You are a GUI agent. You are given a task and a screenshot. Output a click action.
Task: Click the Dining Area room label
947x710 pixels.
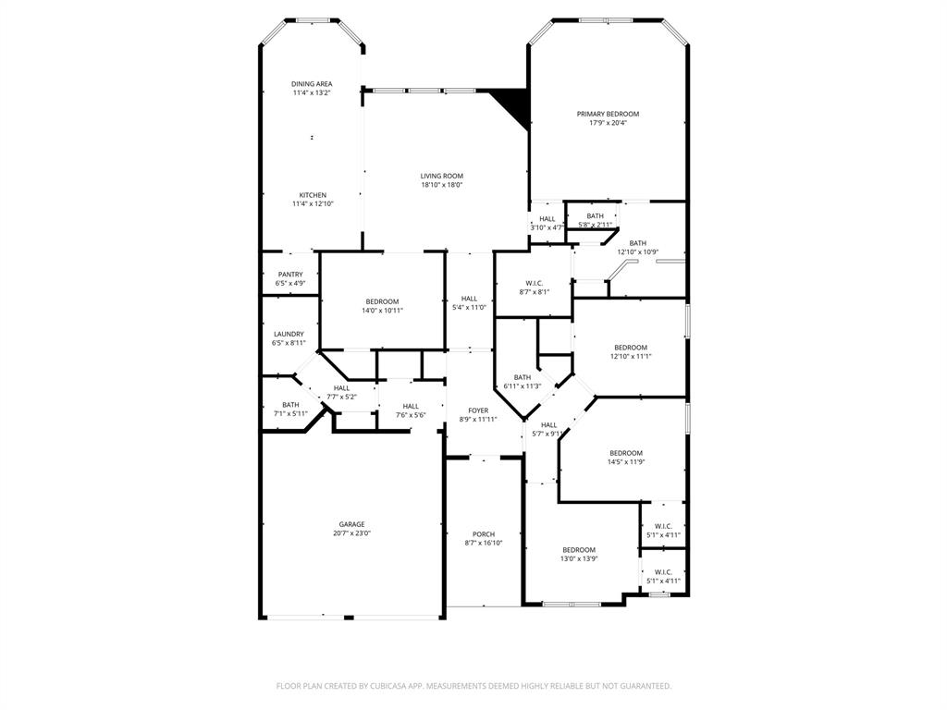[312, 84]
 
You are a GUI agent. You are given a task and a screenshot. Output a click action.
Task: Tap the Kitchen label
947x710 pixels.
[312, 195]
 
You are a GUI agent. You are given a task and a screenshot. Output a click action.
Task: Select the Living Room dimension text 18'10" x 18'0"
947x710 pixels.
[441, 185]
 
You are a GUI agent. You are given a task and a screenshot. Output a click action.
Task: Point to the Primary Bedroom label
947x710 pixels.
[608, 114]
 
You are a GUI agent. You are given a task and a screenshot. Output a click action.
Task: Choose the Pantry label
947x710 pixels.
[290, 275]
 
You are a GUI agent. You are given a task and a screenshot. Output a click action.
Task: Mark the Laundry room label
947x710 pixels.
[289, 334]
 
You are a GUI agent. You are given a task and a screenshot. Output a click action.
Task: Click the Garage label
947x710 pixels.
[351, 524]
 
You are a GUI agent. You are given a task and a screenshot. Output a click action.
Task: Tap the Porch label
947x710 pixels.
[483, 534]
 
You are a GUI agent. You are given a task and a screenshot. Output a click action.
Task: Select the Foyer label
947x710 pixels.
[478, 410]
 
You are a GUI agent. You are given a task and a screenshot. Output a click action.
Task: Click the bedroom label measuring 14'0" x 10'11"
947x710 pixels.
[382, 301]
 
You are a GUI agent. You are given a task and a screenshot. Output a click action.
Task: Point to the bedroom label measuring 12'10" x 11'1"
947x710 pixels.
[631, 348]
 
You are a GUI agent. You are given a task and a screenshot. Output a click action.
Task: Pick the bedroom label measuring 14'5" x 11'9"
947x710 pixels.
[625, 453]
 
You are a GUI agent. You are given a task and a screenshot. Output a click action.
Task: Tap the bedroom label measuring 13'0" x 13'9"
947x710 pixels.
[579, 550]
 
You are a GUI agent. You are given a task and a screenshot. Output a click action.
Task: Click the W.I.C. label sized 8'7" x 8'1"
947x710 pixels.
[533, 283]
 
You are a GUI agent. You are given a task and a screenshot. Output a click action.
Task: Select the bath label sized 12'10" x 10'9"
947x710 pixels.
[638, 243]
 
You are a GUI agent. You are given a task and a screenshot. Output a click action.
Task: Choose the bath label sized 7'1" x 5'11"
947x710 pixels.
[290, 404]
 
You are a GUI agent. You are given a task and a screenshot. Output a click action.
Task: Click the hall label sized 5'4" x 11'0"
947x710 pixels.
[469, 299]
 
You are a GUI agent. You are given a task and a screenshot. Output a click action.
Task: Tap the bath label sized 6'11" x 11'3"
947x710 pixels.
[523, 377]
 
